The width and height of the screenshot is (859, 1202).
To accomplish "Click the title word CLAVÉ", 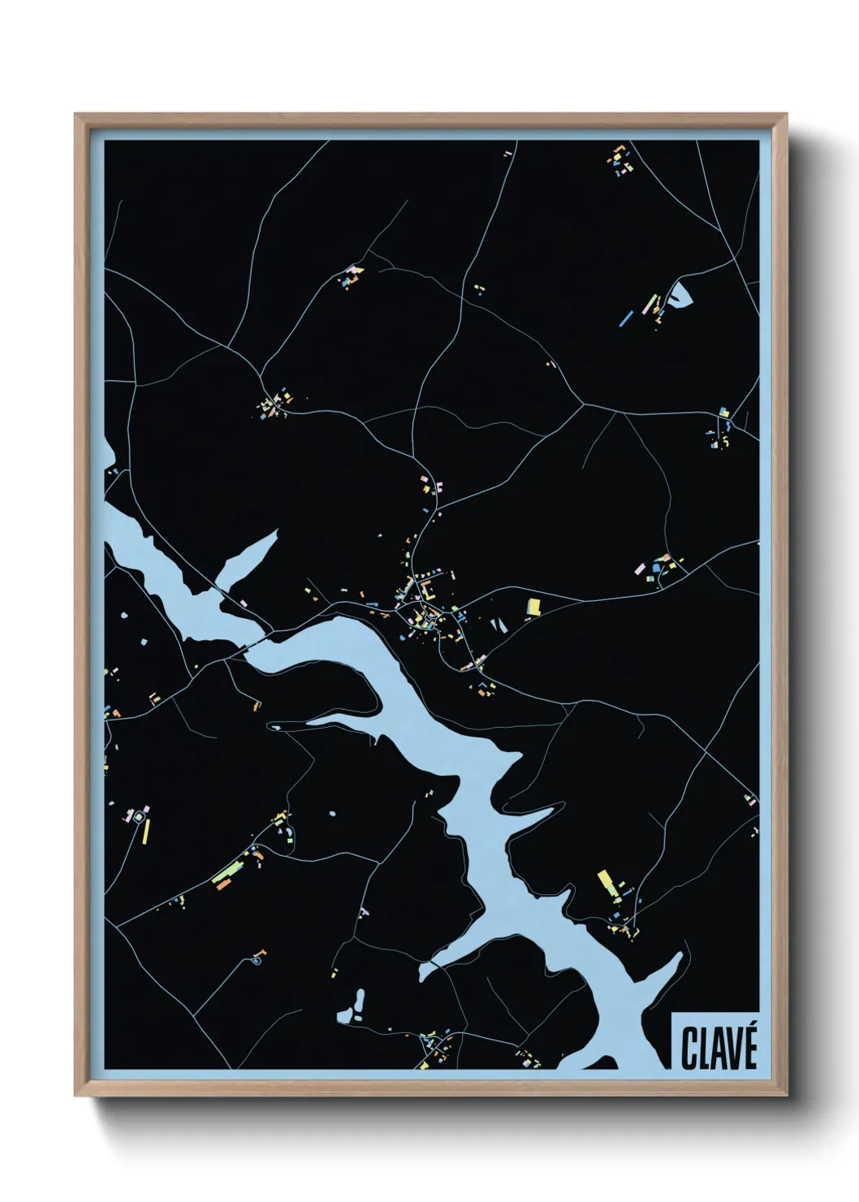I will (719, 1048).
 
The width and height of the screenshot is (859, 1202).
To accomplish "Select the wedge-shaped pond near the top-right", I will (679, 293).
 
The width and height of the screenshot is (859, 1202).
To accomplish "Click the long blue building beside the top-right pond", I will (627, 317).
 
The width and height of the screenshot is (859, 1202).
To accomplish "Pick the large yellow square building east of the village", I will (533, 605).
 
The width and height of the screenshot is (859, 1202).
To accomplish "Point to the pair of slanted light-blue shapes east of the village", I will (497, 625).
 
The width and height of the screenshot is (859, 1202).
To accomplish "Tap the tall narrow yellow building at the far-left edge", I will (147, 832).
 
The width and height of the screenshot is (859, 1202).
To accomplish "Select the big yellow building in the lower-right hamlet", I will (606, 882).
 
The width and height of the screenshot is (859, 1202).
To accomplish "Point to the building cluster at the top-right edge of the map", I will (620, 160).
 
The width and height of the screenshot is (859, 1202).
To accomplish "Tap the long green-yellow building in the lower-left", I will (223, 875).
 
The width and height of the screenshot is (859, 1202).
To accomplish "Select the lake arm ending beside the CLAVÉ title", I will (662, 979).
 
